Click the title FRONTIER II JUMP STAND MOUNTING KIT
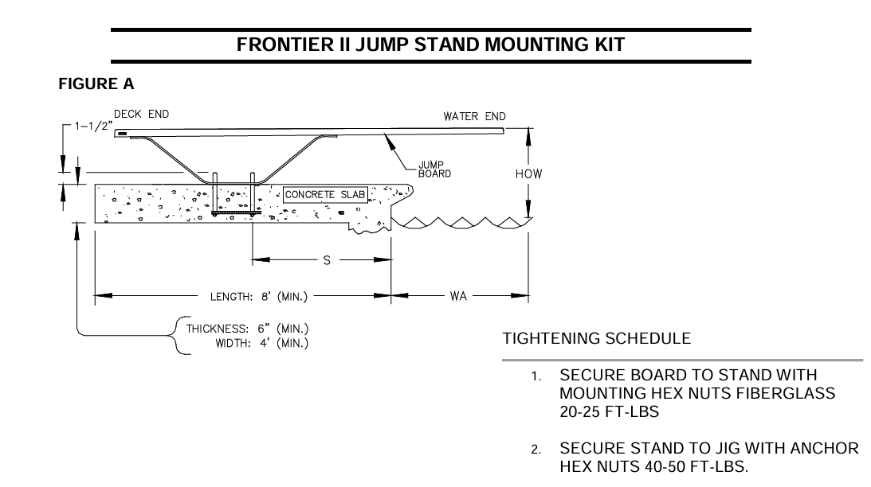click(430, 45)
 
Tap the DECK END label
click(141, 114)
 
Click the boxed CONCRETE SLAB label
click(326, 193)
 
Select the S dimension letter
click(325, 259)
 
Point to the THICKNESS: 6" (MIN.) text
click(247, 329)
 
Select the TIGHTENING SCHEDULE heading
click(597, 338)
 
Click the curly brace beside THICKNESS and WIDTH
click(178, 336)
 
